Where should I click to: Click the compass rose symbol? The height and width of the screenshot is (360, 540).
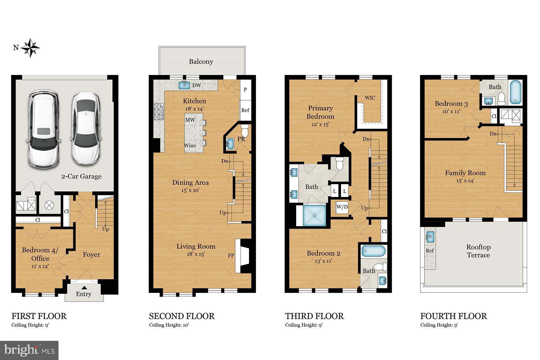pyautogui.click(x=30, y=48)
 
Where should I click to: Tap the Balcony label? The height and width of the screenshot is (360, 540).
pyautogui.click(x=201, y=61)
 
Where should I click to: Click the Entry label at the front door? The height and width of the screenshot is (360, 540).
pyautogui.click(x=83, y=294)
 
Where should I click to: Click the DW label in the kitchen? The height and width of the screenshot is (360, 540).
pyautogui.click(x=196, y=85)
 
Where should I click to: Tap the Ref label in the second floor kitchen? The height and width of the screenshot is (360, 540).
pyautogui.click(x=245, y=110)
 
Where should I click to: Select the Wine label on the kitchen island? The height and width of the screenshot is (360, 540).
pyautogui.click(x=190, y=145)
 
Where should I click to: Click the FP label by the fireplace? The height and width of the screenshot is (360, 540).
pyautogui.click(x=231, y=256)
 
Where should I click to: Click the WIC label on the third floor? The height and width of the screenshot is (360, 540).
pyautogui.click(x=370, y=98)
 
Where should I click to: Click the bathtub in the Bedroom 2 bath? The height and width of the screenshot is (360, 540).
pyautogui.click(x=373, y=251)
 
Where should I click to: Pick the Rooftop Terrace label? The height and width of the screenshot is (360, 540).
pyautogui.click(x=478, y=251)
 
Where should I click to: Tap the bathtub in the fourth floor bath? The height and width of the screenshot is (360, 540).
pyautogui.click(x=515, y=93)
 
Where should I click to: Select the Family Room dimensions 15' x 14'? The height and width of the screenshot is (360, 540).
pyautogui.click(x=465, y=181)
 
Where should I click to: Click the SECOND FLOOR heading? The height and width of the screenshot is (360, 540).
pyautogui.click(x=182, y=316)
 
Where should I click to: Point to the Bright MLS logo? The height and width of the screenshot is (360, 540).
pyautogui.click(x=29, y=350)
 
